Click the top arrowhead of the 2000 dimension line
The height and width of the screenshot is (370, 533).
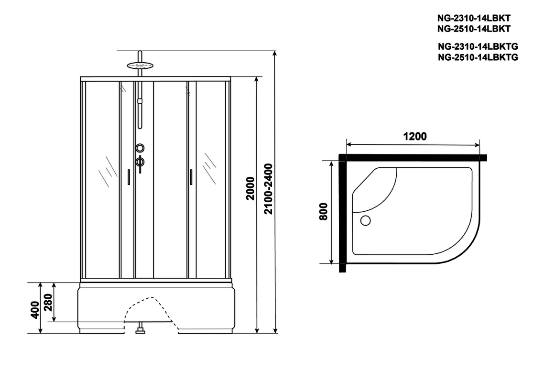257,77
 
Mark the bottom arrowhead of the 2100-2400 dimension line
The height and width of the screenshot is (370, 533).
275,333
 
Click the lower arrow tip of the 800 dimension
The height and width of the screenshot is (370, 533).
331,263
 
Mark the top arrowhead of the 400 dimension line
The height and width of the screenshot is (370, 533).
41,282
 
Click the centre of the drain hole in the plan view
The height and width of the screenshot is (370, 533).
365,221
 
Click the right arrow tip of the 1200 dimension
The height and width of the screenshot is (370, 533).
479,145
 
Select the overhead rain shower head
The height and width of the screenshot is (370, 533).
140,65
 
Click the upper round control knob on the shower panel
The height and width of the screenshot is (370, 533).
140,148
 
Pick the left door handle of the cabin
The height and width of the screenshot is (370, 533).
129,177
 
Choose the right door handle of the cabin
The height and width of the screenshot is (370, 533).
191,177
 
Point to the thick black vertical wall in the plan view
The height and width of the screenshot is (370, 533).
342,213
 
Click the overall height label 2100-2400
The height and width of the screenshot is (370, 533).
269,189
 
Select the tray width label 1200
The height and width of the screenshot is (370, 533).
415,136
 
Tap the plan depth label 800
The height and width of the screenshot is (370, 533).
323,211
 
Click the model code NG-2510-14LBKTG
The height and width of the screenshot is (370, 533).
478,57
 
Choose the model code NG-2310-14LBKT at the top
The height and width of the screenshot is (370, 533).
474,18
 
